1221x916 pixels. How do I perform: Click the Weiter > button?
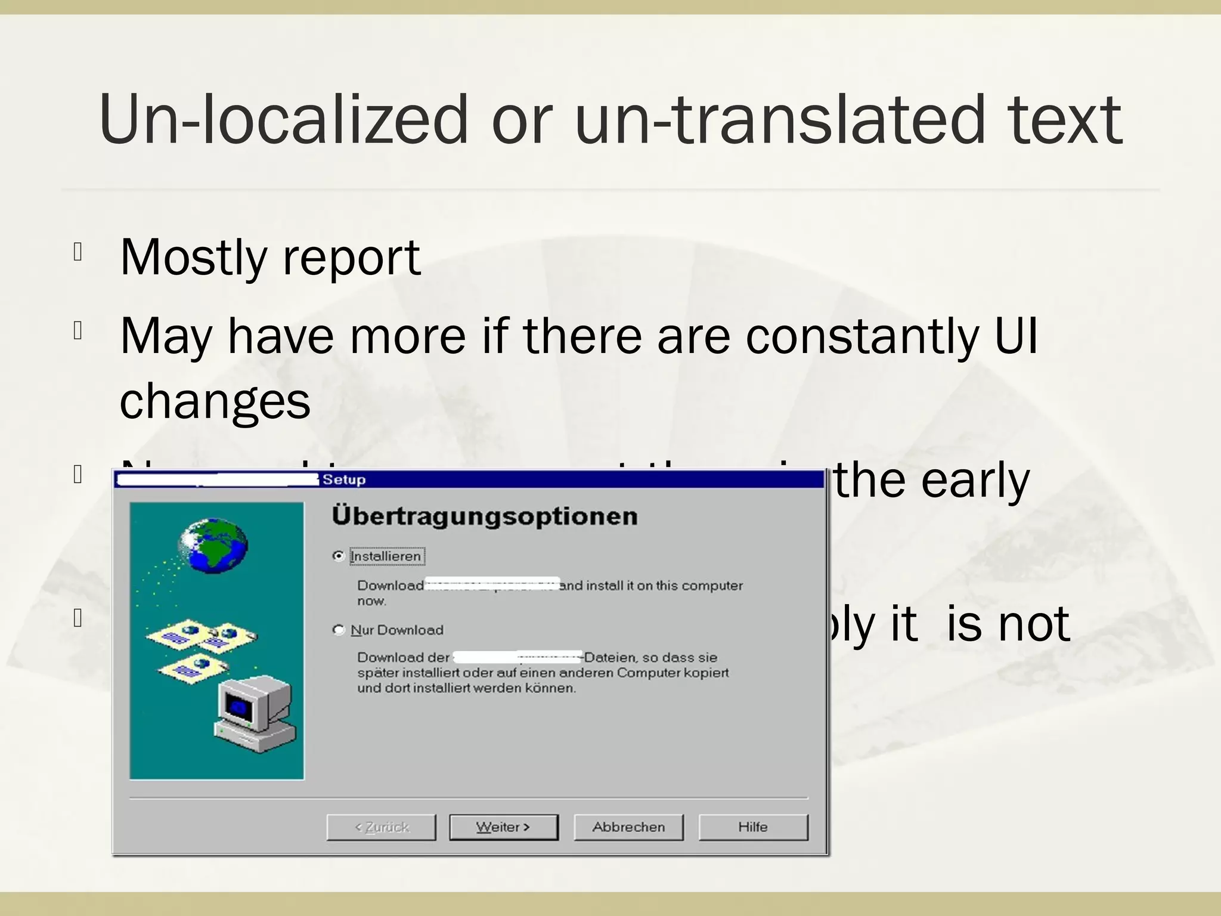(x=503, y=827)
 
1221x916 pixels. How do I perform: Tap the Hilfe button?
(x=753, y=827)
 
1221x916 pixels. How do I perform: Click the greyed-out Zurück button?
(x=382, y=827)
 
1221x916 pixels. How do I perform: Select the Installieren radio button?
(x=339, y=556)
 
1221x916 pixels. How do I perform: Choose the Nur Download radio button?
(x=339, y=630)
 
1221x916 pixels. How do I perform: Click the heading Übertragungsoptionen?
(x=484, y=516)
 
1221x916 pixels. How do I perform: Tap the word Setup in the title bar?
(x=344, y=479)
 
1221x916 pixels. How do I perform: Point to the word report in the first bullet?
(x=352, y=258)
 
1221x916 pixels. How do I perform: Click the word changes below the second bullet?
(x=215, y=401)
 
